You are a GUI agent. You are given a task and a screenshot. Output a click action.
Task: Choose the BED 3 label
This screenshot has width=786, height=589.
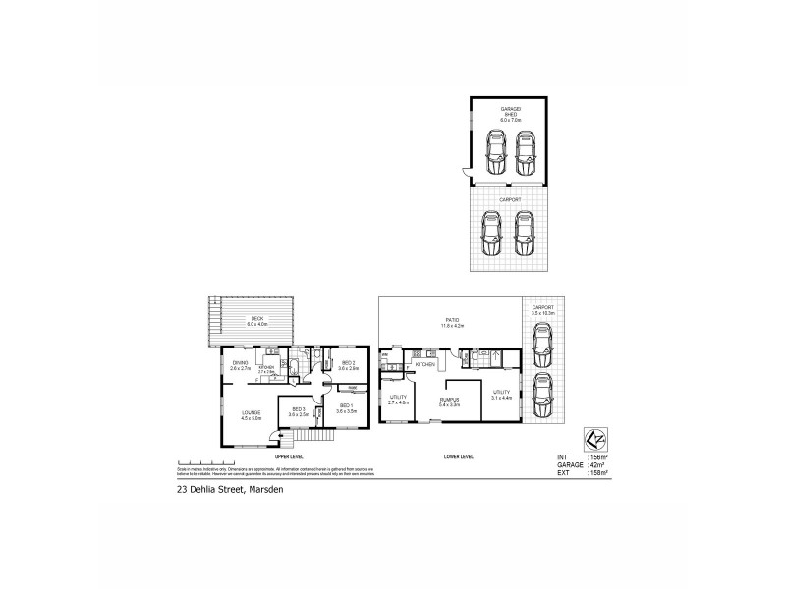pyautogui.click(x=299, y=411)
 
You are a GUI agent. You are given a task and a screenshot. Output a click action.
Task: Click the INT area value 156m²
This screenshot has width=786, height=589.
pyautogui.click(x=595, y=455)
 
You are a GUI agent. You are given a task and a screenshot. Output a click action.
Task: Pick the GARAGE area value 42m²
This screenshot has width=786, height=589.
pyautogui.click(x=594, y=464)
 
